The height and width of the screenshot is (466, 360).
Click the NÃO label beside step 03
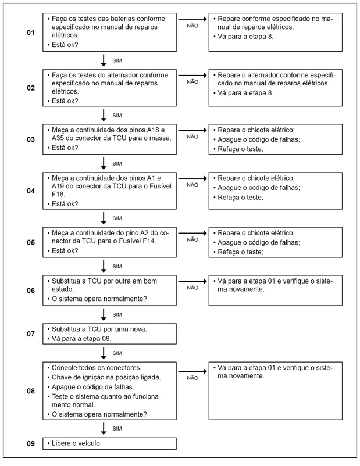[193, 138]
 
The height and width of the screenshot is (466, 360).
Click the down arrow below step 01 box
[104, 60]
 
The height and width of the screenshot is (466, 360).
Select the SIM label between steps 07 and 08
[116, 353]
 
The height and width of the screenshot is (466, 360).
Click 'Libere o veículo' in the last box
[75, 444]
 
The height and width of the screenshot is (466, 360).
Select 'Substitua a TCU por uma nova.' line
[98, 329]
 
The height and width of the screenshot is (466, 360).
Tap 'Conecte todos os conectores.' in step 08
[93, 367]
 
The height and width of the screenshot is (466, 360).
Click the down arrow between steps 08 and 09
[104, 429]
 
